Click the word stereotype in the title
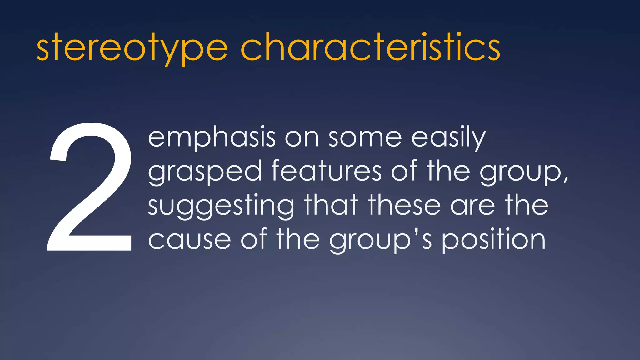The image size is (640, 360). click(x=132, y=48)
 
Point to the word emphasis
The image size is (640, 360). click(x=212, y=137)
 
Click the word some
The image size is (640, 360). click(x=365, y=137)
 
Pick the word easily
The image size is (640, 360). click(x=448, y=137)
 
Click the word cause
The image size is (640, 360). click(x=189, y=240)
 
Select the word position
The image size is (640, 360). click(x=494, y=240)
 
